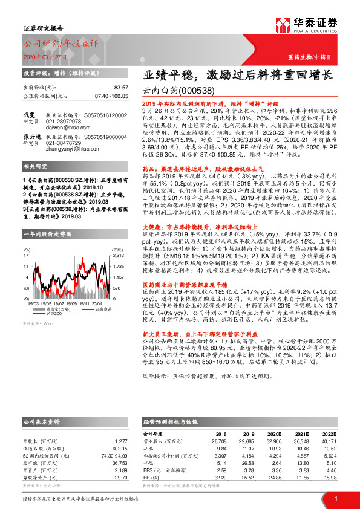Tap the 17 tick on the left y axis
coord(27,256)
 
